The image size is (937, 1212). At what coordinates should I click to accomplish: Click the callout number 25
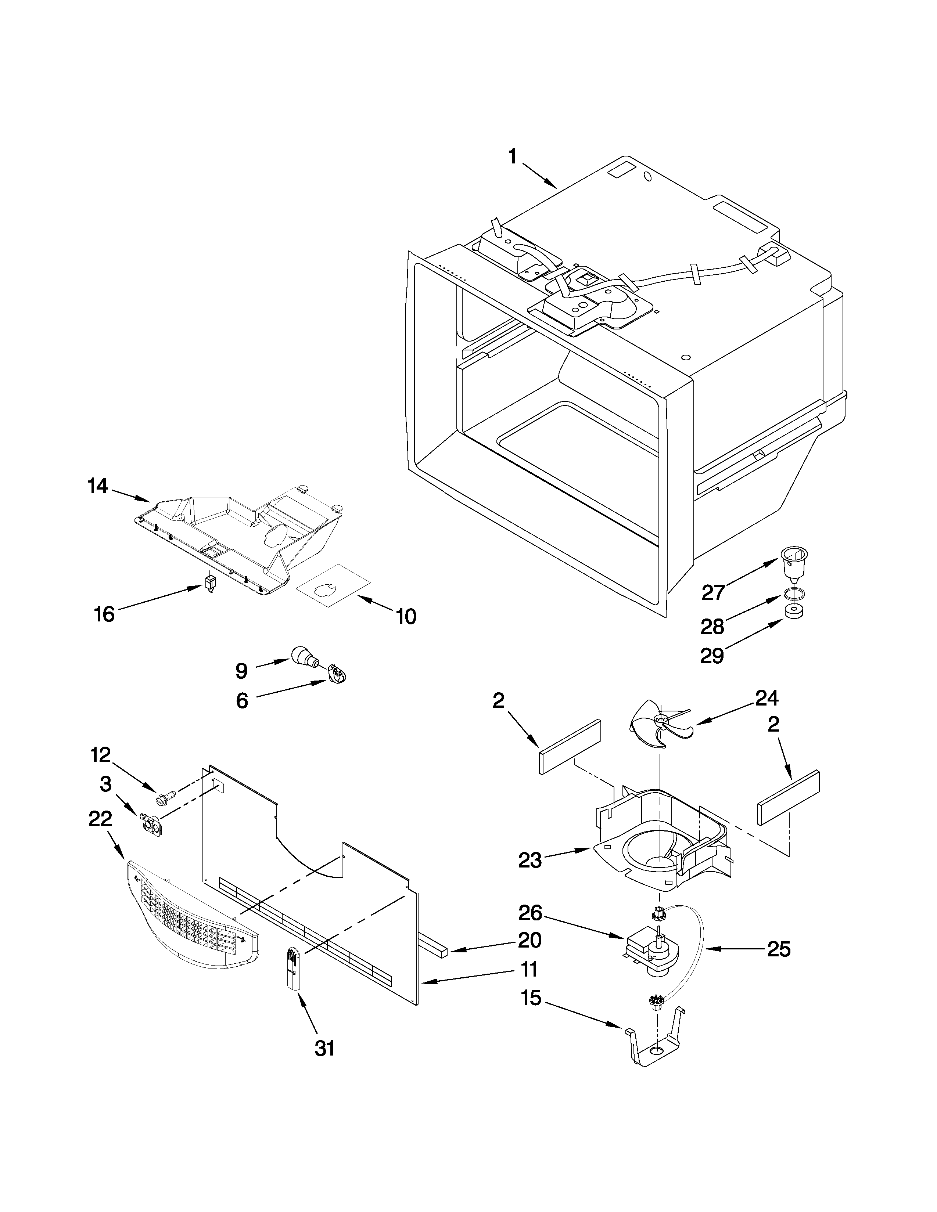(x=778, y=949)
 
